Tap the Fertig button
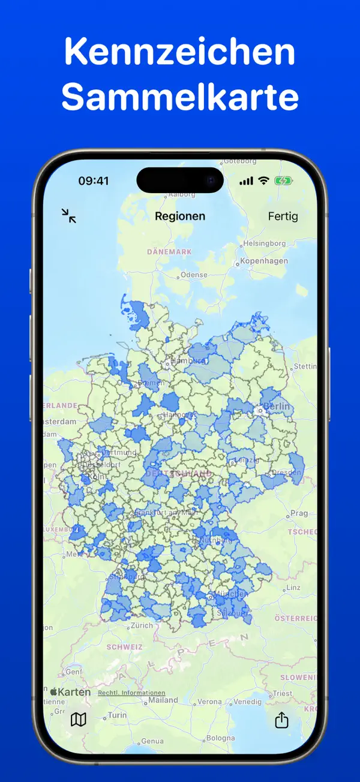pos(283,216)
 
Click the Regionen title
pos(180,216)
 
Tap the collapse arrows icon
pos(69,216)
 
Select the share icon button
pos(281,720)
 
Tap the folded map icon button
pos(79,720)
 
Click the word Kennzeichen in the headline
pos(180,52)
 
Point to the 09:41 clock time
pos(94,181)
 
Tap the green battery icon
pos(283,181)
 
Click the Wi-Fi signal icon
pos(263,181)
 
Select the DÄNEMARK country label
pos(170,252)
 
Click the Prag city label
pos(299,513)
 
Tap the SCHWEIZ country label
pos(125,647)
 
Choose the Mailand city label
pos(163,700)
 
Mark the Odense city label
pos(194,275)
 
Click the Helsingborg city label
pos(265,243)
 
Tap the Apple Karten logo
pos(70,692)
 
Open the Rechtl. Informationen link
pos(131,693)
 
